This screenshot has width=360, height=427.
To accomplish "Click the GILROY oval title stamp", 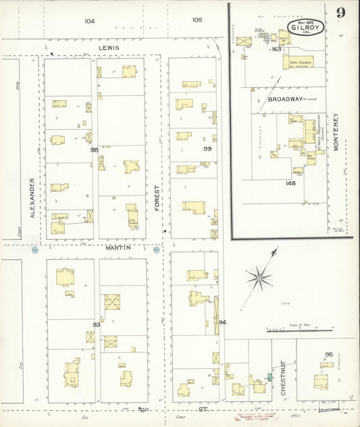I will pos(306,27).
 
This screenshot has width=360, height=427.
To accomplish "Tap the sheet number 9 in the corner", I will pos(342,12).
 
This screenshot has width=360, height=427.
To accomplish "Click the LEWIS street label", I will pos(107,48).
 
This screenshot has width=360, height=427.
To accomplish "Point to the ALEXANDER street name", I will pos(32,197).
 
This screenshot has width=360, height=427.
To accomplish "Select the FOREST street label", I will pos(156,198).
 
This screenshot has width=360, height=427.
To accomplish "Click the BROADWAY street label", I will pos(286,99).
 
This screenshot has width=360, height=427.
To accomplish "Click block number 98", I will pos(95,149).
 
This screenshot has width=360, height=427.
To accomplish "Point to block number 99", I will pos(207,149).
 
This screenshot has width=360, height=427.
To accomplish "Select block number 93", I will pos(96,325).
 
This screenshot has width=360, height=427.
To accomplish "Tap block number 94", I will pos(222,322).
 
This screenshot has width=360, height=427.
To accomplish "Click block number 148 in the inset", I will pos(291,182).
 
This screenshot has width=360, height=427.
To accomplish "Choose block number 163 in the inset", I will pos(276,49).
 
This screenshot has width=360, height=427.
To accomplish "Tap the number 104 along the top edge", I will pos(89,21).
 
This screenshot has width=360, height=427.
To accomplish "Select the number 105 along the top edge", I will pos(197,20).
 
